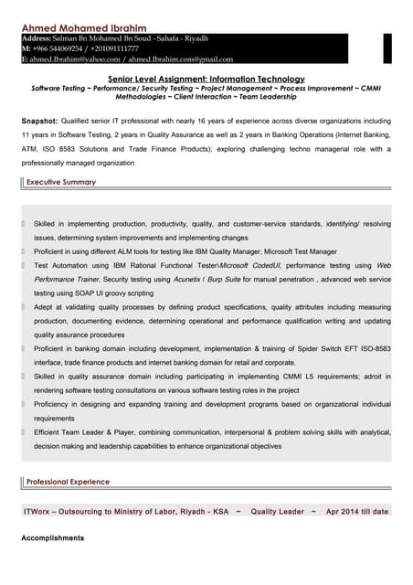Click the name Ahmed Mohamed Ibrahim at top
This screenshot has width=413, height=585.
[83, 28]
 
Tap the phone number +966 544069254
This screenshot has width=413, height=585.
[62, 48]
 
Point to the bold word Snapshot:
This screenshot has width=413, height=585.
[39, 121]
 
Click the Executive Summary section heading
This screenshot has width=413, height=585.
[61, 183]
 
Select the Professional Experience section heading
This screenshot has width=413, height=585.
[68, 481]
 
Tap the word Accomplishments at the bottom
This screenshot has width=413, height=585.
[52, 538]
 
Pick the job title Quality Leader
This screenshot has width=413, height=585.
[277, 512]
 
